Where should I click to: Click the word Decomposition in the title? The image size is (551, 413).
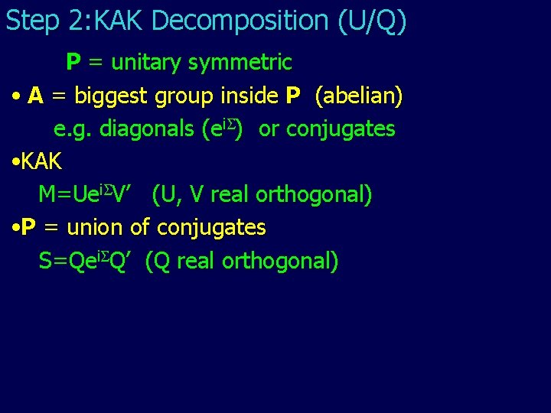(x=253, y=21)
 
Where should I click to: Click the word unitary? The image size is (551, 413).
(x=143, y=62)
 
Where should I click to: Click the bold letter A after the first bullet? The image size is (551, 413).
(x=35, y=96)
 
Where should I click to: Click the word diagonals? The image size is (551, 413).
(x=148, y=129)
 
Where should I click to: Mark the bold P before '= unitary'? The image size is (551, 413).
(x=74, y=62)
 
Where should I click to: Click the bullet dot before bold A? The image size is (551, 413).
(x=16, y=97)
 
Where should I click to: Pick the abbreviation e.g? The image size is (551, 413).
(x=70, y=129)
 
